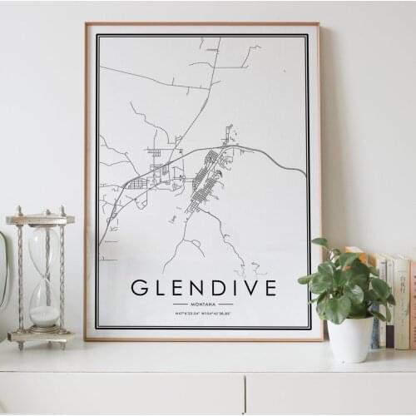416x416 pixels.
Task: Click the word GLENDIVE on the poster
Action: (203, 289)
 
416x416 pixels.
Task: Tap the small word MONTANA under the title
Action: (203, 305)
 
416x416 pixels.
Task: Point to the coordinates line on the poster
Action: (203, 313)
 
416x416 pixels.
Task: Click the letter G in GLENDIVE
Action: (140, 289)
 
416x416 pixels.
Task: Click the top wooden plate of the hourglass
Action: (40, 219)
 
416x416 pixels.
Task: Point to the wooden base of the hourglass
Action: (41, 336)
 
